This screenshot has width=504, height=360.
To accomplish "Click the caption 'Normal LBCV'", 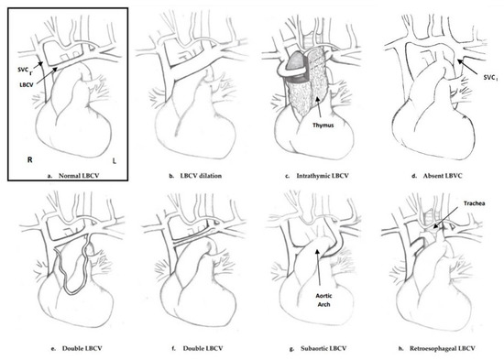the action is tap(79, 176).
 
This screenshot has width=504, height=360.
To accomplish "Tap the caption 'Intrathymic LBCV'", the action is tap(323, 176).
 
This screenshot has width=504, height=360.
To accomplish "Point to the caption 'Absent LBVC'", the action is tap(443, 176).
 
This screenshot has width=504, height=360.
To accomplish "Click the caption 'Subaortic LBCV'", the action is tap(323, 348).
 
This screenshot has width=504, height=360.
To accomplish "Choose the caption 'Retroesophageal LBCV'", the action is tap(443, 348).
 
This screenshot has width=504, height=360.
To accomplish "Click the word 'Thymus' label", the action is tap(323, 125).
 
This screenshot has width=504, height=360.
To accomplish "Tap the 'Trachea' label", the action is tap(475, 203).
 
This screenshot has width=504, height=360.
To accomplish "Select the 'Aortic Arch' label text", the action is tap(323, 300).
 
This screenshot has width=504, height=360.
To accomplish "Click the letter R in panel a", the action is tap(30, 159).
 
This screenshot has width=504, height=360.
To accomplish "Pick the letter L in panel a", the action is tap(115, 160).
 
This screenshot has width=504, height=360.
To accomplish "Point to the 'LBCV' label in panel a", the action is tap(27, 85).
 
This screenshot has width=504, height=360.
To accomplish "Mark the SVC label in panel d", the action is tap(490, 77).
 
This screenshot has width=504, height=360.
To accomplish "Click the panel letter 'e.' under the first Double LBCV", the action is tap(53, 348).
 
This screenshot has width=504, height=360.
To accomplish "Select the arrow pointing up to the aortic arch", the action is tap(319, 267).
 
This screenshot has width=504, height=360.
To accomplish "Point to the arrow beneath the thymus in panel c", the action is tap(319, 109).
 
